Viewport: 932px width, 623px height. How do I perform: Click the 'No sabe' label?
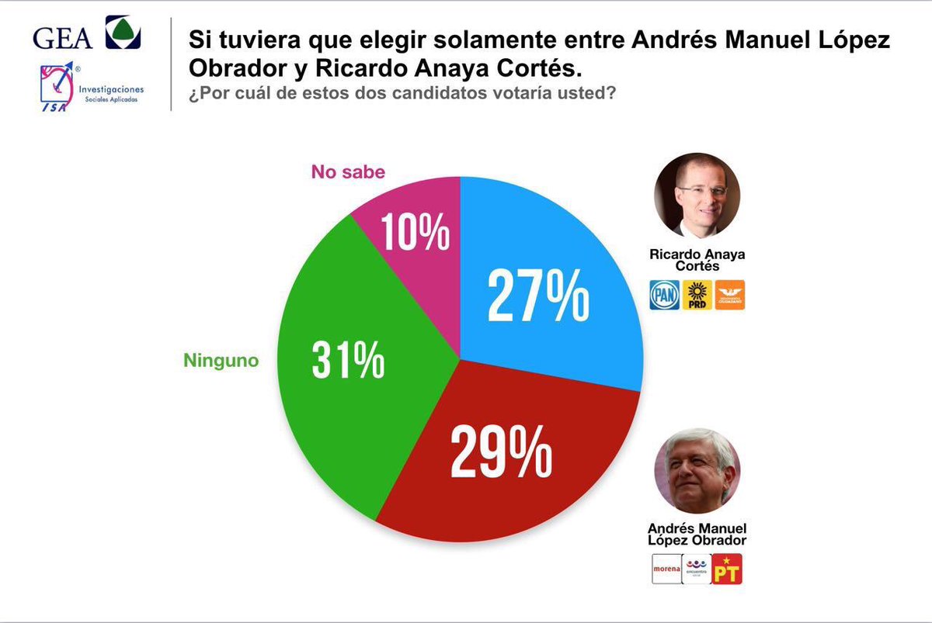(348, 171)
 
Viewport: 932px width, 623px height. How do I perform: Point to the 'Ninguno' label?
(221, 360)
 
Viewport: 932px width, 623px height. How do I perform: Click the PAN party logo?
(664, 295)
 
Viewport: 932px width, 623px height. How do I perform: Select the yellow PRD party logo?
(697, 295)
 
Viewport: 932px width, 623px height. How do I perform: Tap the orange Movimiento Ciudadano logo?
(730, 295)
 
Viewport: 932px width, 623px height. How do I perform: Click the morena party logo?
(666, 569)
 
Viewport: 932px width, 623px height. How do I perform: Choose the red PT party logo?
(728, 569)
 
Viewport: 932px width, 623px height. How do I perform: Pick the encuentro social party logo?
(697, 569)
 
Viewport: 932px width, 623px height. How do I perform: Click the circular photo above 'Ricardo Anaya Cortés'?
(697, 194)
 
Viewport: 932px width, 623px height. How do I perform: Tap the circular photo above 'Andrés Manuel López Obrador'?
(697, 470)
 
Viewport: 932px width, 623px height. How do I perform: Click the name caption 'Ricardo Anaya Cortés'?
(697, 260)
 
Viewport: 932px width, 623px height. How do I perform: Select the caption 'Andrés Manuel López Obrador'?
(697, 533)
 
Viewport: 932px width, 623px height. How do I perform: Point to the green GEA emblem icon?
(123, 33)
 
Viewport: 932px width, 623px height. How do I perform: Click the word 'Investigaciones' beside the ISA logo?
(111, 89)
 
